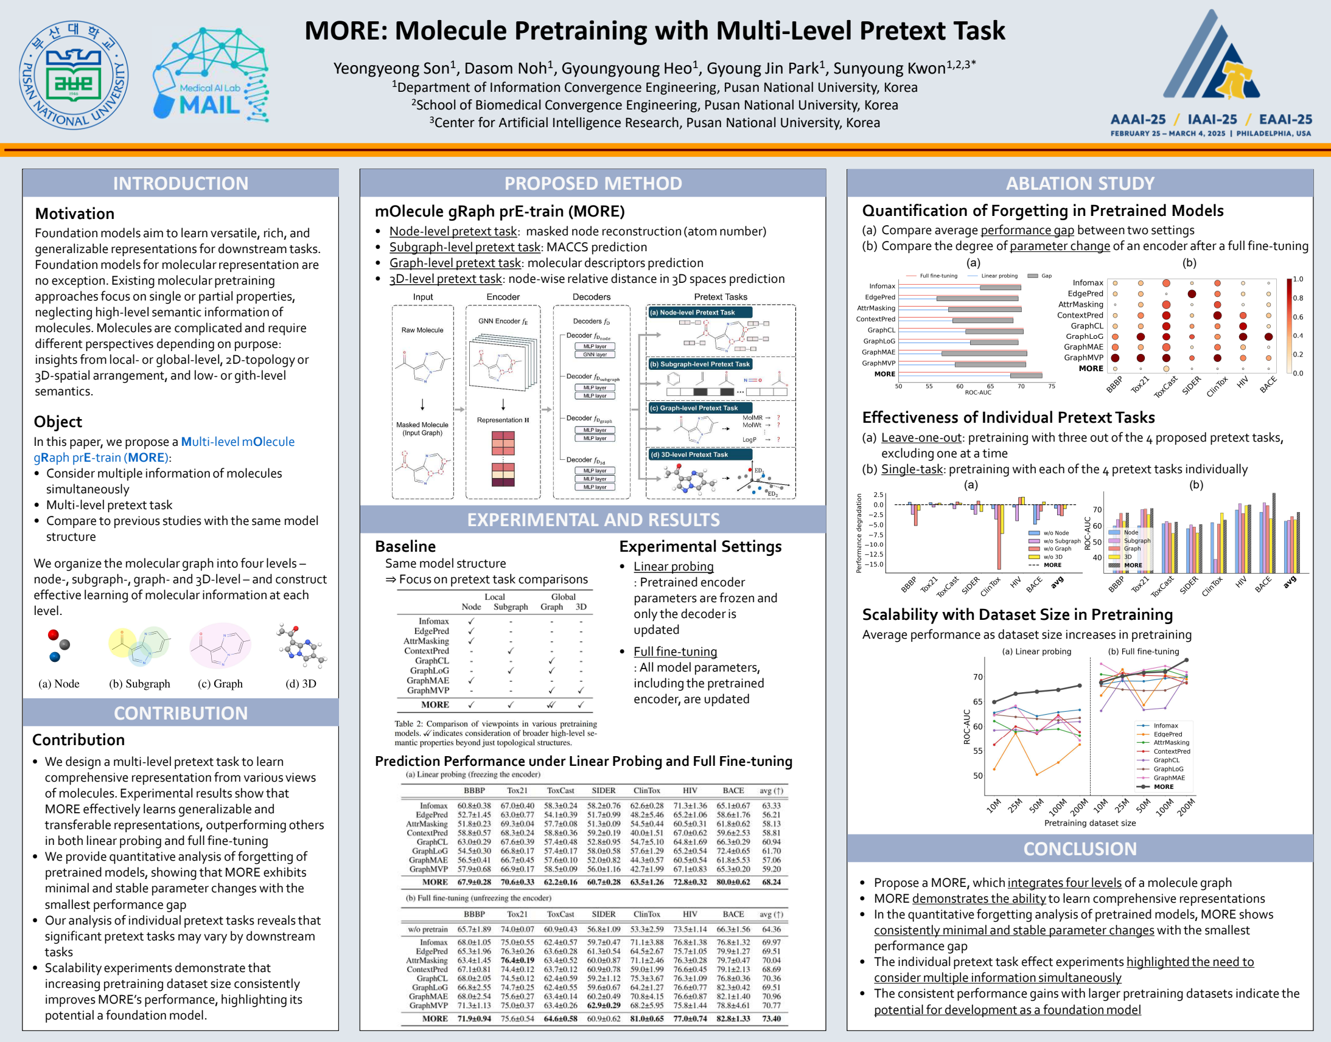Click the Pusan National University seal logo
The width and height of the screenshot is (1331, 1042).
[x=74, y=75]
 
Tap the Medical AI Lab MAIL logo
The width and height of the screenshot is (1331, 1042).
[x=210, y=74]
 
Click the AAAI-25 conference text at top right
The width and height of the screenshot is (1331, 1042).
[x=1137, y=120]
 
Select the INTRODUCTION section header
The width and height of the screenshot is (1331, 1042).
[x=181, y=184]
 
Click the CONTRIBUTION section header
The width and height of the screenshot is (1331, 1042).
[x=181, y=713]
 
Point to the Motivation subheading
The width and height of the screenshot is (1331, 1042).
[x=74, y=214]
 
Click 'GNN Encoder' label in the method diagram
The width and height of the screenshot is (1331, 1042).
[x=503, y=321]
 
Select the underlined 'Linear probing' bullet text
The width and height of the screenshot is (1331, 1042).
[x=673, y=566]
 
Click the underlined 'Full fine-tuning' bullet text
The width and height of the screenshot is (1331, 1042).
[x=675, y=651]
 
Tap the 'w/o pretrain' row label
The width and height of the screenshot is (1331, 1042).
[x=428, y=929]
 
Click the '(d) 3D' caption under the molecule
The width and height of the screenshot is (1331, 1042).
[x=301, y=684]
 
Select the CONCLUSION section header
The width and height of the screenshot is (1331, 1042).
[x=1080, y=849]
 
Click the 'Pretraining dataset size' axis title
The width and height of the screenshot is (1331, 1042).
[x=1090, y=823]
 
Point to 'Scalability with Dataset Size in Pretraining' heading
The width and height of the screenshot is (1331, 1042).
[x=1018, y=614]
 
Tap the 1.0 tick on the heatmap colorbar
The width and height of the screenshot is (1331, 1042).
[x=1298, y=279]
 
